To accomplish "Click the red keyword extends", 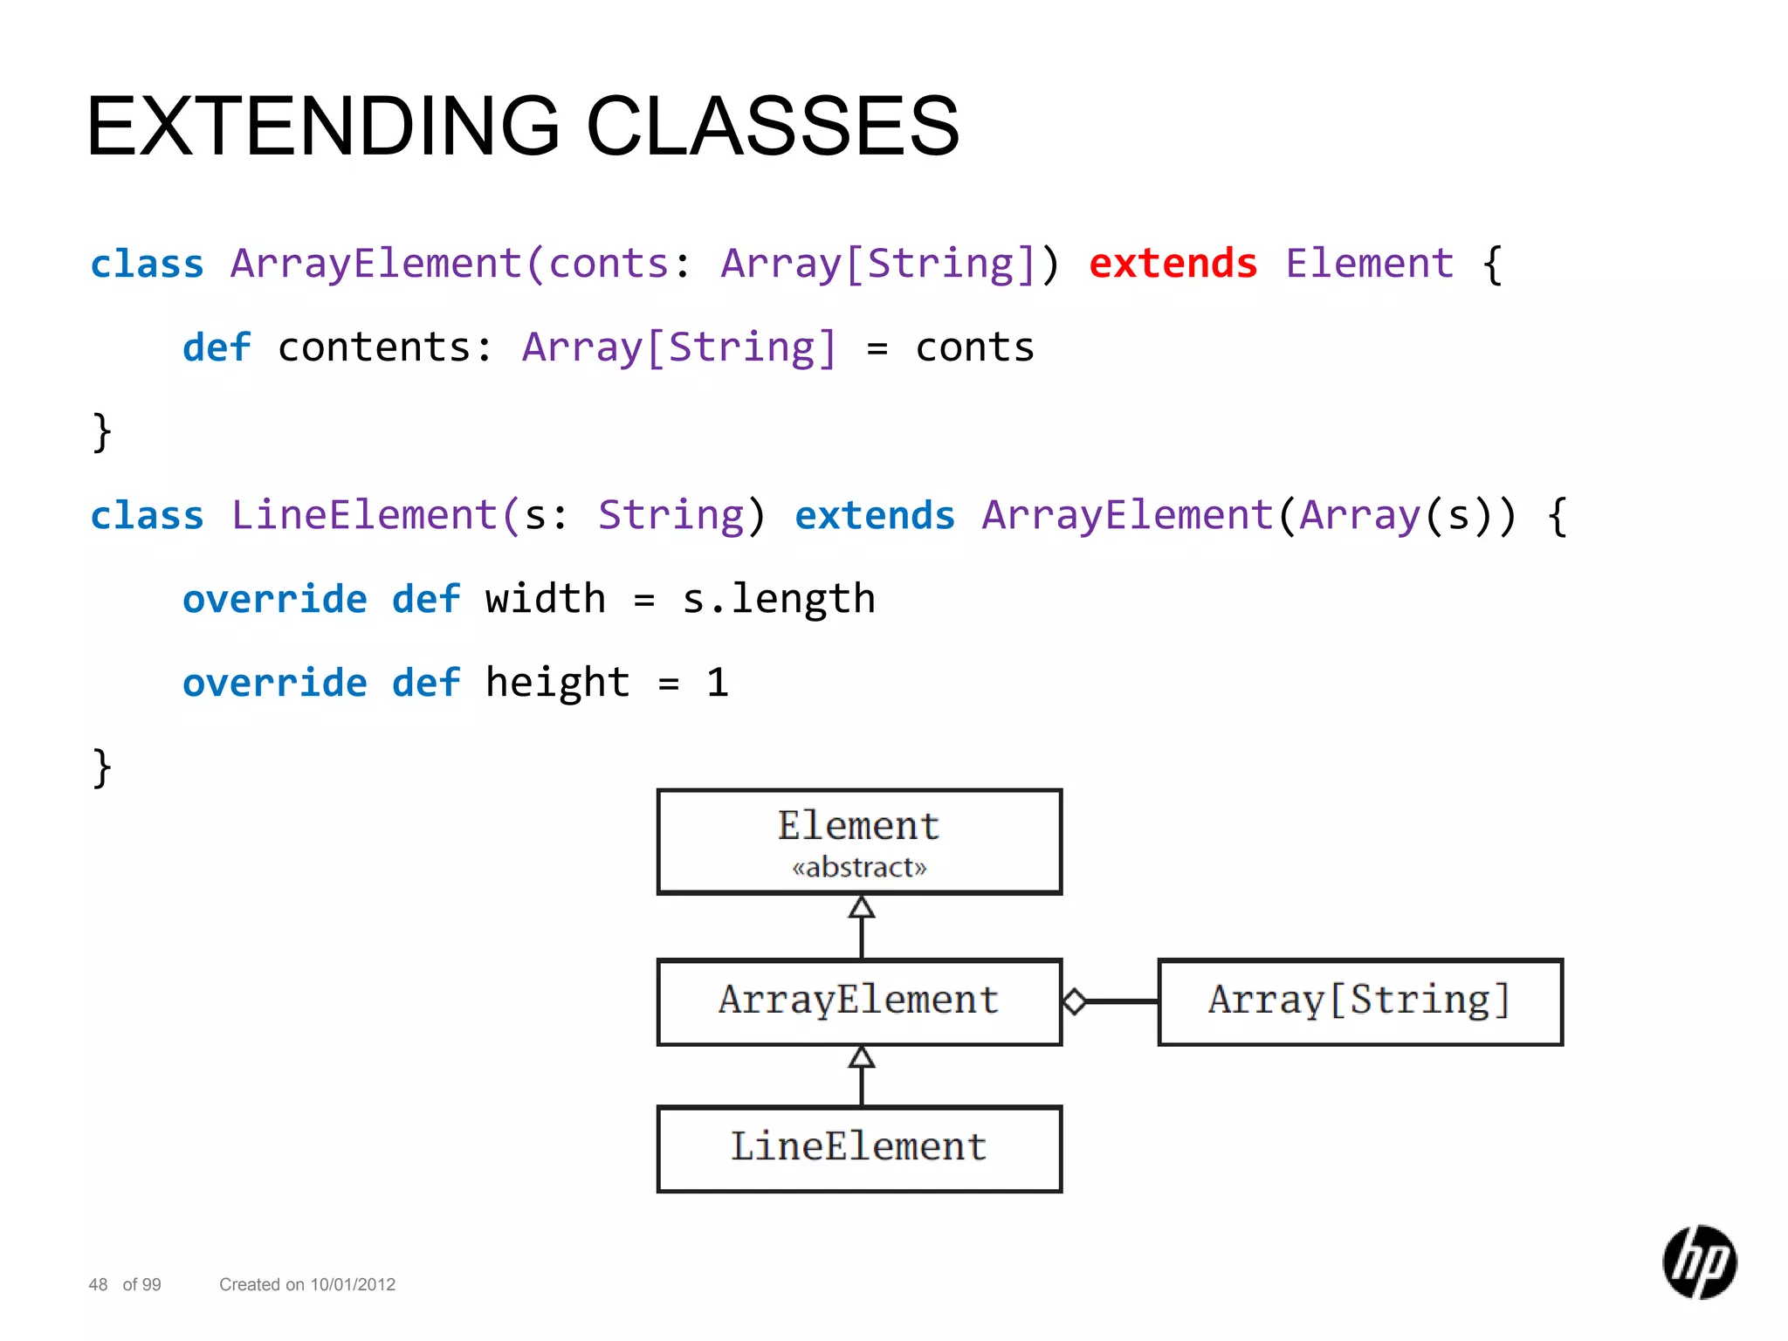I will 1173,264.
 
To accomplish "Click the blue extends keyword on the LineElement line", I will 875,515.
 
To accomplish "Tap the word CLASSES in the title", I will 773,127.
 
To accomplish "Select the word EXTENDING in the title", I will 323,127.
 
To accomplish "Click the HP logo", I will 1699,1262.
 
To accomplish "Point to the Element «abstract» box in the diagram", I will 859,842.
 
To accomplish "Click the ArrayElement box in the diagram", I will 859,1001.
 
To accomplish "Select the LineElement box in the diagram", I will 859,1148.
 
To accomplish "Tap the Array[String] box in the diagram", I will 1359,1001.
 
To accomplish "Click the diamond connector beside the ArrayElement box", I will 1075,1001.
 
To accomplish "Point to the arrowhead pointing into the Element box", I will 862,908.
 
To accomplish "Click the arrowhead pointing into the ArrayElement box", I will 862,1057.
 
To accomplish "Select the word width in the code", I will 545,599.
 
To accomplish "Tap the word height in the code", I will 557,683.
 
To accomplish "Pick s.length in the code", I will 778,599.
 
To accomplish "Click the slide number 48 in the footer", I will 98,1284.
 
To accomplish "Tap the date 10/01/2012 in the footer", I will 353,1284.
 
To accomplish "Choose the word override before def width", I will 275,599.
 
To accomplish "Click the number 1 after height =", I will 717,683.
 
